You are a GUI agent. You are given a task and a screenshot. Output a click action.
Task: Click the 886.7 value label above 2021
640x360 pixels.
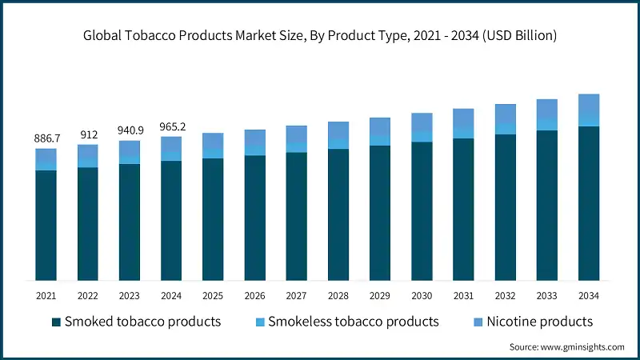coord(47,138)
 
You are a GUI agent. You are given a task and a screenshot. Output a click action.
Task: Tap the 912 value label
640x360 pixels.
coord(89,134)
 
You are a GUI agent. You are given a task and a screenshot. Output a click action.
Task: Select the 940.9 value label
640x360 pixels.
coord(130,130)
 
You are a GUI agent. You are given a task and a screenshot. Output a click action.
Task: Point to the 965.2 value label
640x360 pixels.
coord(173,126)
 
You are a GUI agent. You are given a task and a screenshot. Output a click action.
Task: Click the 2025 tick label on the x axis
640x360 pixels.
coord(213,295)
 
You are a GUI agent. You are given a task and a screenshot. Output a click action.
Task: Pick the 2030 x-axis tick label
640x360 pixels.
coord(422,295)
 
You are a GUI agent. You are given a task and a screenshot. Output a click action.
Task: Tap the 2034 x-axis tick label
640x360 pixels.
coord(589,295)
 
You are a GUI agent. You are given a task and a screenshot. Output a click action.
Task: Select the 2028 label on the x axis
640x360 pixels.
coord(338,295)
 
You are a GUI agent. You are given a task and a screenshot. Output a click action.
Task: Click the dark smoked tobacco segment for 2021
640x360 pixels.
coord(46,226)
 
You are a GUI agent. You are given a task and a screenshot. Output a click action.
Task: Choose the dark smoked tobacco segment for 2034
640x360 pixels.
coord(589,203)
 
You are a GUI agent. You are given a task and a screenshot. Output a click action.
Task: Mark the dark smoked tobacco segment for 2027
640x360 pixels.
coord(296,216)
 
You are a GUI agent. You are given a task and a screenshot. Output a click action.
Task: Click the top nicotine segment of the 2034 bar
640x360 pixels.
coord(589,106)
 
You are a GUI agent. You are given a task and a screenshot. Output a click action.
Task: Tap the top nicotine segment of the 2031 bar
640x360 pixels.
coord(463,118)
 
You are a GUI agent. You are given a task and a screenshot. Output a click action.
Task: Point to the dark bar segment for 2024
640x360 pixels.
coord(171,221)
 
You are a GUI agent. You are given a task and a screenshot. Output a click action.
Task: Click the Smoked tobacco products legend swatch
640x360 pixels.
coord(56,322)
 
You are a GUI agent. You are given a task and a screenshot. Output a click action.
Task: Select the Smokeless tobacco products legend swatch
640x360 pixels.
coord(260,322)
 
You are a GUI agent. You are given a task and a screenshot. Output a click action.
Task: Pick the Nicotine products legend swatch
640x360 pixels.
coord(478,322)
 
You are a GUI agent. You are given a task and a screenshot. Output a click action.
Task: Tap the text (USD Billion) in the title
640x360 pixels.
coord(519,36)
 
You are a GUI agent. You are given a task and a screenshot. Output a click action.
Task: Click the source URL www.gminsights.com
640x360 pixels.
coord(582,347)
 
